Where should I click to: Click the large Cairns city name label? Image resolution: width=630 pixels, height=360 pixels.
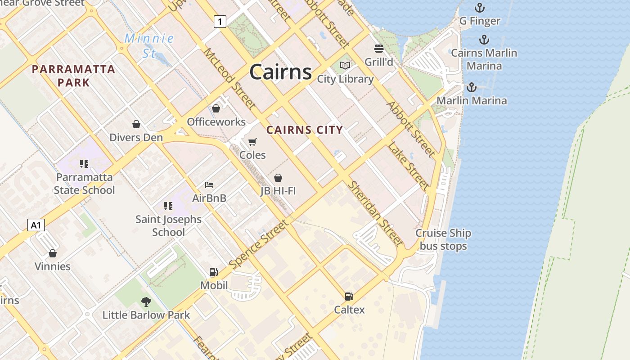280,72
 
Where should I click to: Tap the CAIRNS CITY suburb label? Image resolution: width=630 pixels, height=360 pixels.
305,130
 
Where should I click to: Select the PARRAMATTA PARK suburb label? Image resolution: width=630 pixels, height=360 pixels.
73,76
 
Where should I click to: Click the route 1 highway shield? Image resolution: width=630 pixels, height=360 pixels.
220,21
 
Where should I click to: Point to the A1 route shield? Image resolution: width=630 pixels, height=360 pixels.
36,225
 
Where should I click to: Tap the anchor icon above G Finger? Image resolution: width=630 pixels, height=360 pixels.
480,8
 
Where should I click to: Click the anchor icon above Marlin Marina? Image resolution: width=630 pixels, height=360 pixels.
472,87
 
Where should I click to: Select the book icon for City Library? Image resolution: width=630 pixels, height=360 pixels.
345,66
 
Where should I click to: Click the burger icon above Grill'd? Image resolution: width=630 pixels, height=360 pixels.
379,48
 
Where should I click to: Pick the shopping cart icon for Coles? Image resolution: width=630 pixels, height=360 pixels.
252,142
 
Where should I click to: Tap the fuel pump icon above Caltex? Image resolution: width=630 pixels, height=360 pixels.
349,296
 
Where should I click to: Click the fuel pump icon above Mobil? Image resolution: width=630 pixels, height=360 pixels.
214,272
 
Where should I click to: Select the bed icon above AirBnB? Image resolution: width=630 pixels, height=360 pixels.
209,184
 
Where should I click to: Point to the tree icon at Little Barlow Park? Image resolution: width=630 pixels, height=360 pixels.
146,301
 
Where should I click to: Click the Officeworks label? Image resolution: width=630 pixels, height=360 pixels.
216,122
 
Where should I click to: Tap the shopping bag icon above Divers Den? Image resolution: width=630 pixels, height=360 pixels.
136,124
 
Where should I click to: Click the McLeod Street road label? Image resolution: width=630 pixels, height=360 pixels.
229,78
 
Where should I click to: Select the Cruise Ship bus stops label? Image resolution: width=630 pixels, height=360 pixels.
443,239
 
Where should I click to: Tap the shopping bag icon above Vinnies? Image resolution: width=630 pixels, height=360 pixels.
53,253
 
